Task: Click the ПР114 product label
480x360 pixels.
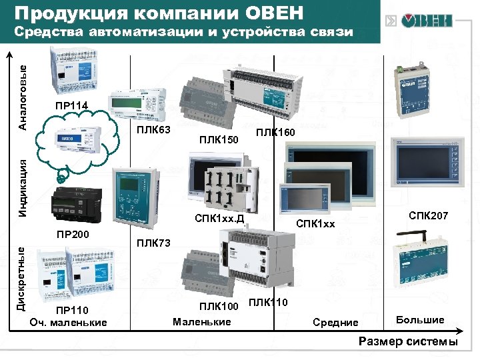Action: tap(70, 105)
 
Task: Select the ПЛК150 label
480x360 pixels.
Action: tap(219, 139)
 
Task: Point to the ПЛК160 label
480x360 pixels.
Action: tap(274, 133)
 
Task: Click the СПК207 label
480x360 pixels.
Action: tap(428, 216)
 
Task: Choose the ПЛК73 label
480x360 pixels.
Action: tap(153, 243)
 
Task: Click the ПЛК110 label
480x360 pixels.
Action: tap(268, 303)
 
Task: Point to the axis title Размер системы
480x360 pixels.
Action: tap(408, 342)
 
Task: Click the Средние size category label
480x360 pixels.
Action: tap(335, 323)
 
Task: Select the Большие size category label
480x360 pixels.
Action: tap(420, 320)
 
